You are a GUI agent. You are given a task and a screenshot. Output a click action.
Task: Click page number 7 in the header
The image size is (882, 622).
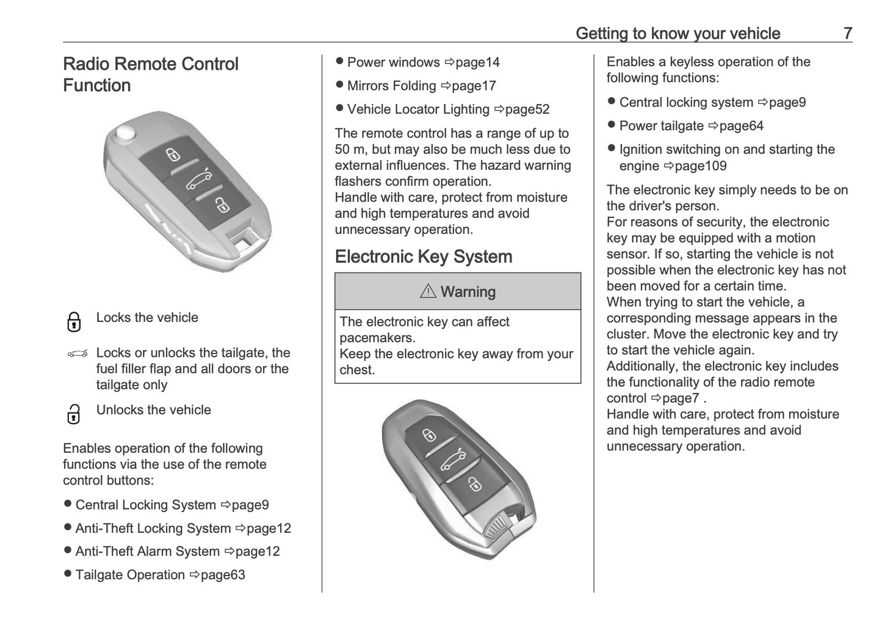[x=847, y=33]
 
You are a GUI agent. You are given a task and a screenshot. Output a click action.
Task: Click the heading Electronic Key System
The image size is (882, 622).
[x=424, y=257]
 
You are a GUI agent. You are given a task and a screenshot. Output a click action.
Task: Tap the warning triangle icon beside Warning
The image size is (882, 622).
[x=428, y=291]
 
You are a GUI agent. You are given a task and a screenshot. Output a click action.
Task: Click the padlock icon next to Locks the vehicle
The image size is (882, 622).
[x=74, y=321]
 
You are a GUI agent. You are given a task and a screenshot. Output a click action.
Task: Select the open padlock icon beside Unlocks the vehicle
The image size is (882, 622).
[x=73, y=414]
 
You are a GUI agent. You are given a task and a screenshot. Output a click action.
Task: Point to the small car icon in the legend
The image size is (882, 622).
[x=78, y=353]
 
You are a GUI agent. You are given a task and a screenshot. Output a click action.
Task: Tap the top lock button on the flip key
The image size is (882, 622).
[x=173, y=154]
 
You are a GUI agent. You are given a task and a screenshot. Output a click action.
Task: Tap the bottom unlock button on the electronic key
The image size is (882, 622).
[x=474, y=484]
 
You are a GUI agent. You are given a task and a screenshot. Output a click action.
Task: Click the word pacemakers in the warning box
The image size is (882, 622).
[x=377, y=338]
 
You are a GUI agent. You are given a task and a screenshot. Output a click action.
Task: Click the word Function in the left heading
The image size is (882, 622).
[x=96, y=86]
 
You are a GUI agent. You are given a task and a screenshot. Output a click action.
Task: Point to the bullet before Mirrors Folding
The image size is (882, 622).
[x=340, y=86]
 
